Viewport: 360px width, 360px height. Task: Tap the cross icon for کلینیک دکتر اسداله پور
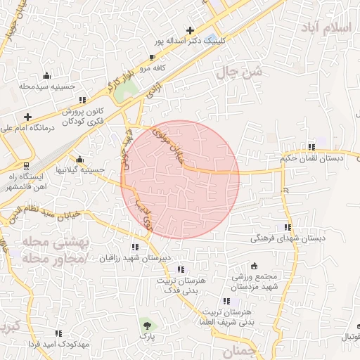pos(190,30)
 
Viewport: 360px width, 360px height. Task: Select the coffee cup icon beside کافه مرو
pos(153,57)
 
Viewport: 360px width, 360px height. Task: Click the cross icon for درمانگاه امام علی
pos(27,117)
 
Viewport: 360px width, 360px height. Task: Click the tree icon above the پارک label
pos(146,324)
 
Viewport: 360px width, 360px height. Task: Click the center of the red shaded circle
pos(180,179)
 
